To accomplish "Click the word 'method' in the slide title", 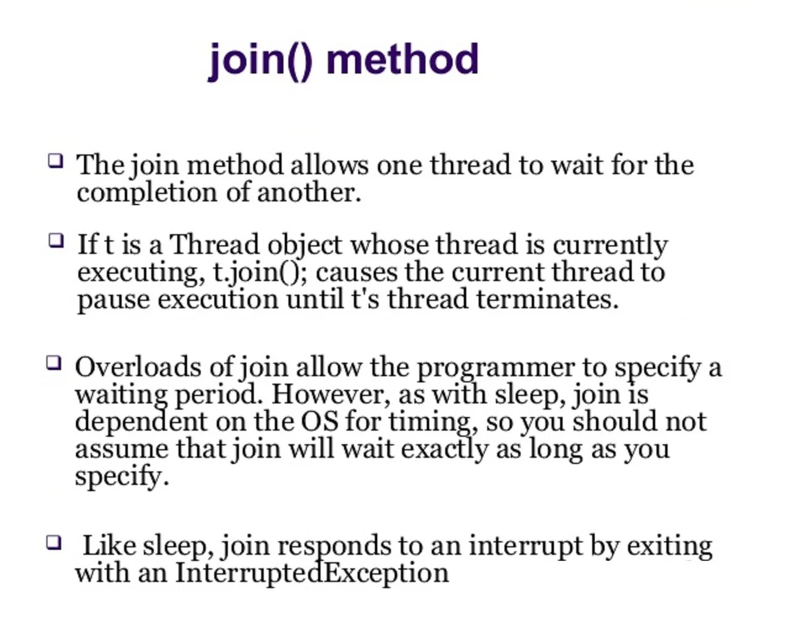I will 402,59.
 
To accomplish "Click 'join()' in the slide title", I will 261,61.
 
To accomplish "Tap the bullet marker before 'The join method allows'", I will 56,161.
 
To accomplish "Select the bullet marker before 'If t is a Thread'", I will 56,240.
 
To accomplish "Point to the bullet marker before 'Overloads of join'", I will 54,362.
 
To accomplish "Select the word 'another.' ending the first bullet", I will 309,192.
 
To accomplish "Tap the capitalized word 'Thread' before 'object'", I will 214,244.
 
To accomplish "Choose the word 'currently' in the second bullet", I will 610,245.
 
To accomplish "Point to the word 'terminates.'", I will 547,300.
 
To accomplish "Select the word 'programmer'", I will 496,368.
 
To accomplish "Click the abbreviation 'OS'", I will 319,421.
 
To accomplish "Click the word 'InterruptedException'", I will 312,573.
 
